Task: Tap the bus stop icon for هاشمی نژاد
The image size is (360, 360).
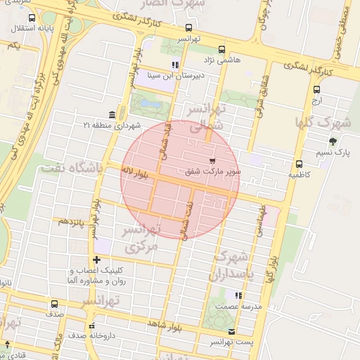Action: click(x=222, y=49)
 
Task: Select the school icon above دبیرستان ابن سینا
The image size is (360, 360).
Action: click(x=175, y=65)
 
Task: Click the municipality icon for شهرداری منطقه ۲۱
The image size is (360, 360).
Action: click(x=112, y=115)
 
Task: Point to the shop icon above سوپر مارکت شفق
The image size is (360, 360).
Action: click(x=213, y=161)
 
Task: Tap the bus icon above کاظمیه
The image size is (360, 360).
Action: click(x=300, y=163)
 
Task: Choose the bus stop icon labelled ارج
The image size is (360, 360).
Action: click(x=316, y=89)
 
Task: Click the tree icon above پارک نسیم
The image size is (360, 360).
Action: click(x=333, y=141)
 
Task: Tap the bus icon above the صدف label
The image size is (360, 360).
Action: click(x=54, y=304)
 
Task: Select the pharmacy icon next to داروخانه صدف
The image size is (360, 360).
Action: click(x=91, y=326)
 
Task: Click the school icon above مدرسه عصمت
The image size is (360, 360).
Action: click(x=238, y=295)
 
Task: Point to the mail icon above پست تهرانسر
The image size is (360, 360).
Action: click(x=232, y=331)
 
